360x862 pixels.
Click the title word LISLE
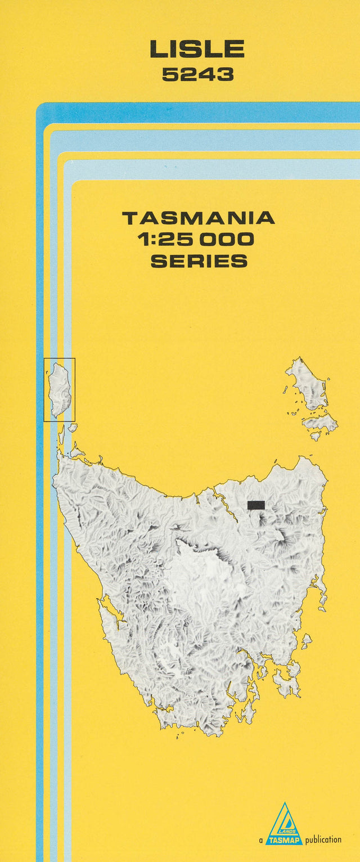click(x=197, y=50)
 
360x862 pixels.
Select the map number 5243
click(x=197, y=75)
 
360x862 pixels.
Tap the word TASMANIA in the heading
click(x=198, y=218)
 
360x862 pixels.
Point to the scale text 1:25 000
click(x=196, y=240)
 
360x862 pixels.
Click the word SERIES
click(x=199, y=261)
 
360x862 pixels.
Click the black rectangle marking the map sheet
click(x=256, y=505)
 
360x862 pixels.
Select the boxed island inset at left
click(x=59, y=389)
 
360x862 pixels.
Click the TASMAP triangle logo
click(x=284, y=825)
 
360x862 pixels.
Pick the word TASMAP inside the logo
click(x=284, y=840)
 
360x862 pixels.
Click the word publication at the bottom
click(x=323, y=839)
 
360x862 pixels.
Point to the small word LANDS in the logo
click(x=288, y=830)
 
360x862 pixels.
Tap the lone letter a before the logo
click(x=261, y=840)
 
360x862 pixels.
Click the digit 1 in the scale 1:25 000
click(x=143, y=240)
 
